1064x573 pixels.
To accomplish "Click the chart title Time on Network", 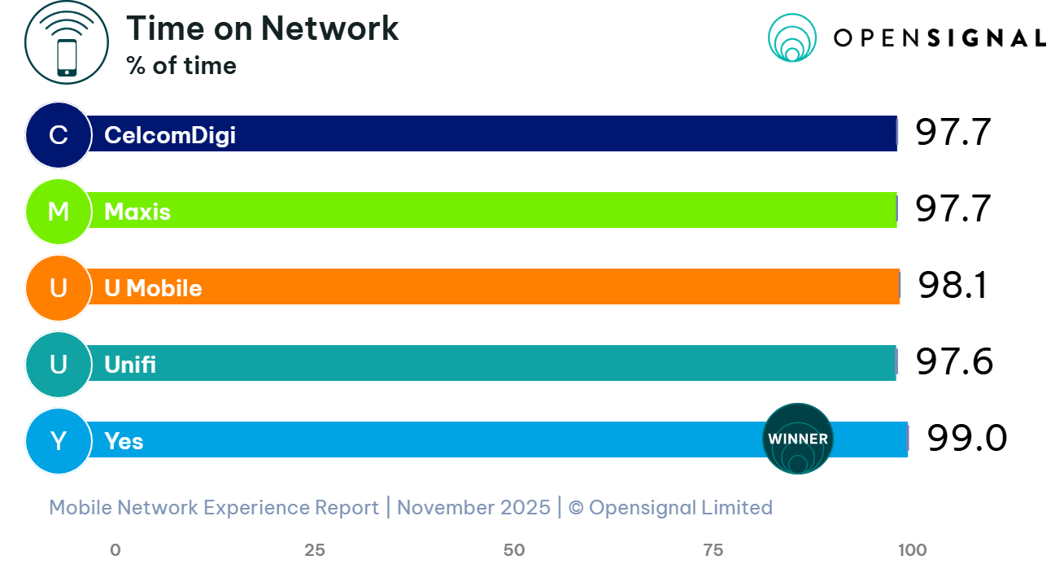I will [262, 29].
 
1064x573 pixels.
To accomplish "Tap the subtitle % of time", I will [181, 66].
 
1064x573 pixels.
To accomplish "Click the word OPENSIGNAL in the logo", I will [939, 38].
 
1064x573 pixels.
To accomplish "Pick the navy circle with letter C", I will [58, 134].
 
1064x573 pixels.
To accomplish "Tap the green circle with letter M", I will [58, 212].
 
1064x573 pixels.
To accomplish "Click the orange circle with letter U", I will [58, 288].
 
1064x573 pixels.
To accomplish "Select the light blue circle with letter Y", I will [58, 441].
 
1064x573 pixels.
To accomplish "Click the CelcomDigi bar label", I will [170, 134].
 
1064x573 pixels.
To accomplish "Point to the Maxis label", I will [137, 212].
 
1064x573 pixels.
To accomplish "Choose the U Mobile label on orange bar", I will [153, 288].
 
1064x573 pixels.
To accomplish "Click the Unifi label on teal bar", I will [130, 365].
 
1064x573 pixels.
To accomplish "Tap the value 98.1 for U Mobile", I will [953, 286].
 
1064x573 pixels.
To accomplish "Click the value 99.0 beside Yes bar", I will [966, 440].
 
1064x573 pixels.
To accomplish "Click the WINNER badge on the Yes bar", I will [798, 439].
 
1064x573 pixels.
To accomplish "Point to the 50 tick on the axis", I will [514, 550].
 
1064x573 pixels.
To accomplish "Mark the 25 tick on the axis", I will [315, 550].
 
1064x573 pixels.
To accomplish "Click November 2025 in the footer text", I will [473, 508].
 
